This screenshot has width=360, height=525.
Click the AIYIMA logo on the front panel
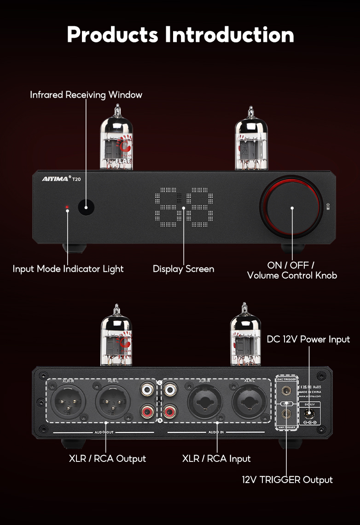54,179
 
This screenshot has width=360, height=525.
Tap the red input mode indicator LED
67,208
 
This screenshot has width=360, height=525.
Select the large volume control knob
291,208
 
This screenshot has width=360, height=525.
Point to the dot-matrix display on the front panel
184,208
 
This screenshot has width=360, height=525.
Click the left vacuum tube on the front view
117,138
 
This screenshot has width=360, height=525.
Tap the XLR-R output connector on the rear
68,401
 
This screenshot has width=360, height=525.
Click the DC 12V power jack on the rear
309,414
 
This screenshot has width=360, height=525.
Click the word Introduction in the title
229,35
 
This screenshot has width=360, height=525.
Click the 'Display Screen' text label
183,269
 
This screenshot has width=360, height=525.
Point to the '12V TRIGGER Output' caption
287,480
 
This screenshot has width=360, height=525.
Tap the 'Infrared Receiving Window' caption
86,95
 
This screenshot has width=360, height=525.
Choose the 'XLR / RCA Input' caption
216,459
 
